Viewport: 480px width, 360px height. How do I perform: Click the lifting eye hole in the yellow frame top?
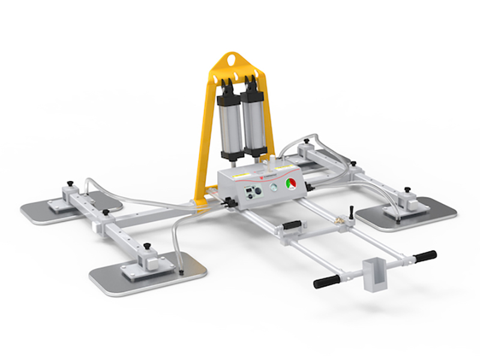click(x=231, y=61)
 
